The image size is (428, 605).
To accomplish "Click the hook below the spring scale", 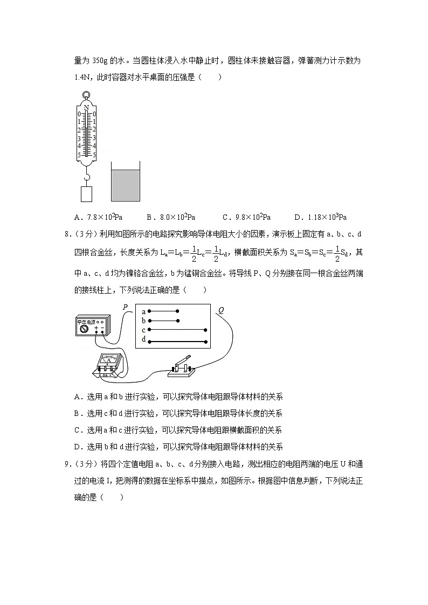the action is click(x=86, y=176).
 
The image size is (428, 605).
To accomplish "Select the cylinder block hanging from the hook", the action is click(x=86, y=194).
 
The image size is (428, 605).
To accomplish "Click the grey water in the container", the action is click(x=125, y=185).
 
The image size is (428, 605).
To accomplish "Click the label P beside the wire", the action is click(x=125, y=307).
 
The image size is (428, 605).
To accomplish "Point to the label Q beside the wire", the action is click(x=220, y=310).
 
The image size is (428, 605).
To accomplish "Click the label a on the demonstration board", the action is click(x=144, y=311).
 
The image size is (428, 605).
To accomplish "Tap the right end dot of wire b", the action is click(x=178, y=321).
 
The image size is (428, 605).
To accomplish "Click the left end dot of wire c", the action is click(x=149, y=330).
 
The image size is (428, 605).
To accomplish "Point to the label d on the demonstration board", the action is click(x=144, y=339).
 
